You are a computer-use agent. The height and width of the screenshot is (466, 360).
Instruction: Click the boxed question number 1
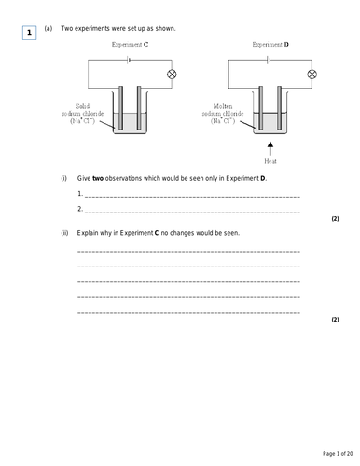[29, 33]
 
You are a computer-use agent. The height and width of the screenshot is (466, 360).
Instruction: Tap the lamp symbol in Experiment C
[172, 75]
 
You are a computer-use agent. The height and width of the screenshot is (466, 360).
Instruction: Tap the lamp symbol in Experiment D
[312, 75]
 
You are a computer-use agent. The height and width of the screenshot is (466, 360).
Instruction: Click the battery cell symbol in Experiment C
[128, 60]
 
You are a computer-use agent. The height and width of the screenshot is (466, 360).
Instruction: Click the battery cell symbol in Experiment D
[269, 60]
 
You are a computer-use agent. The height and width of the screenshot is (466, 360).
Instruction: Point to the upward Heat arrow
[270, 148]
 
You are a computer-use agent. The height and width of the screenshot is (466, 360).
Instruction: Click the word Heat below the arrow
[270, 161]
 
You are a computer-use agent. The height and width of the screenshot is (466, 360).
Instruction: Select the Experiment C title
[130, 45]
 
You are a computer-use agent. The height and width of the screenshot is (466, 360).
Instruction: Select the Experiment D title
[270, 45]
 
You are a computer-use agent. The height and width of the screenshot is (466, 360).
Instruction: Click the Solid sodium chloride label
[83, 114]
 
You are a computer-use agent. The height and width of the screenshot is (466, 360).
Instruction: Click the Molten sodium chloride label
[223, 114]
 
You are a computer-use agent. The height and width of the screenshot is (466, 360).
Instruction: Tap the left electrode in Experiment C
[120, 107]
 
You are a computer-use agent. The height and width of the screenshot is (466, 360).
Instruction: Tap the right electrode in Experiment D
[280, 107]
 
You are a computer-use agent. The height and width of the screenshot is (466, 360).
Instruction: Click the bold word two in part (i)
[98, 179]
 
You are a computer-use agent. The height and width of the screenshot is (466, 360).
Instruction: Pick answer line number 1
[192, 197]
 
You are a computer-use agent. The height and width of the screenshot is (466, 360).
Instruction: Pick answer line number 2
[192, 212]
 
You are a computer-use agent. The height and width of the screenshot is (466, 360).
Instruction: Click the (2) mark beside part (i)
[335, 219]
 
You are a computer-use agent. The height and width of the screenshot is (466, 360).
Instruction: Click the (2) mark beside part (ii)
[335, 320]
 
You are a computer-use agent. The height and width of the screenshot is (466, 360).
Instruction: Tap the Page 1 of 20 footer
[338, 454]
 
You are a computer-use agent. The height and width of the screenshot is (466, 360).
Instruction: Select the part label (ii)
[64, 233]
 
